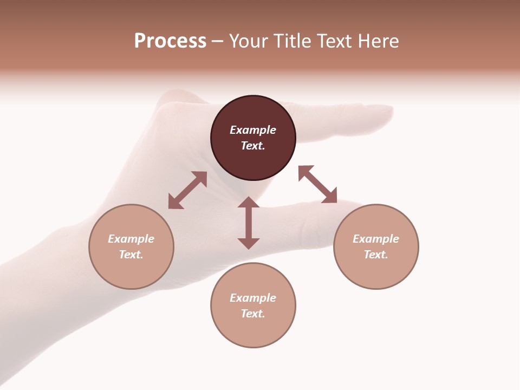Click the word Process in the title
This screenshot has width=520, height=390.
point(170,41)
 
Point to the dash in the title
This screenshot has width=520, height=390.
point(217,42)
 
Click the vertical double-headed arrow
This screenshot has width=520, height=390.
point(249,223)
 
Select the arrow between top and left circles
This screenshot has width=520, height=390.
point(187,190)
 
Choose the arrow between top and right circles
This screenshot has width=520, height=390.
point(317,184)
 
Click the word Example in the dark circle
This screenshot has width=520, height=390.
point(253,130)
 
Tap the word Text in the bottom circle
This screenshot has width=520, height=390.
point(253,314)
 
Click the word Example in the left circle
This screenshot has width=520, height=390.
point(131,239)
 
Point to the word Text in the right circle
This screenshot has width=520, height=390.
point(376,255)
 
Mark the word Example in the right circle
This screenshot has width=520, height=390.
point(376,239)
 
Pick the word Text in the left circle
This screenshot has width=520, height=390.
point(131,255)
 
